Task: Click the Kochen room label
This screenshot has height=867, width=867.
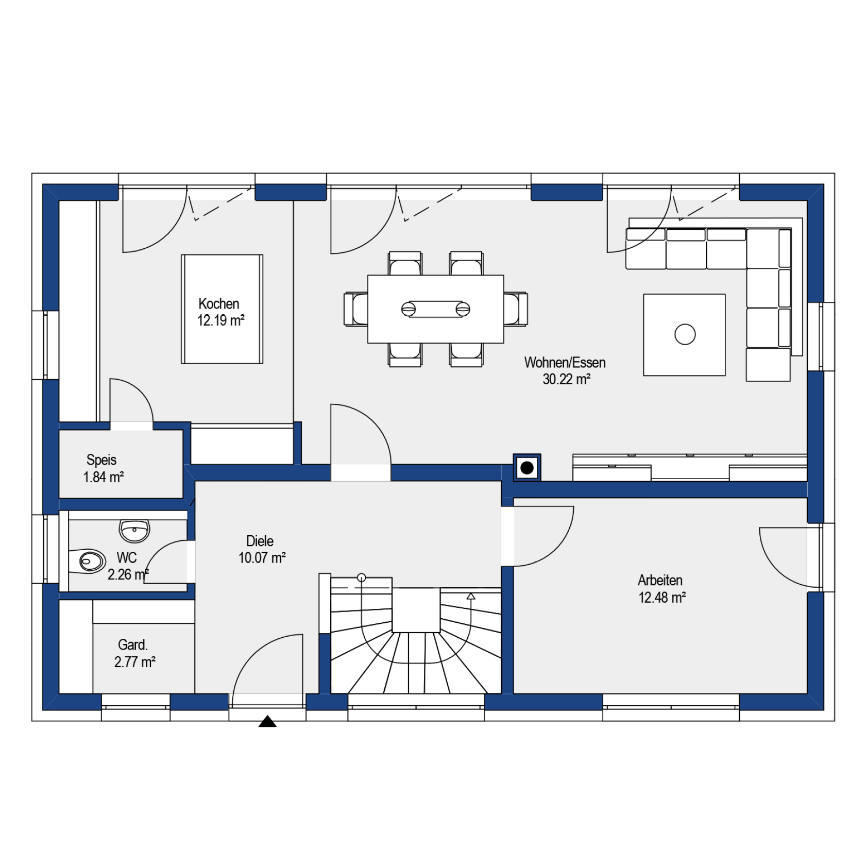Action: pos(219,303)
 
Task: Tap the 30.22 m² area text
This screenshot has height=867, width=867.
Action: pos(566,380)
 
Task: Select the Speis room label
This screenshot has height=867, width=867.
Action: pos(101,460)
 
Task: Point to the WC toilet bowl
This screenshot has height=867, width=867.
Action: pos(89,561)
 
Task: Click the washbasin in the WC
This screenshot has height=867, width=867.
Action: pos(134,530)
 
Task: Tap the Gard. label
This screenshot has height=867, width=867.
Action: pos(133,644)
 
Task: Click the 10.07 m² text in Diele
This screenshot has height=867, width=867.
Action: pos(262,558)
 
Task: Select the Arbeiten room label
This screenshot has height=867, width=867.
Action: pos(660,580)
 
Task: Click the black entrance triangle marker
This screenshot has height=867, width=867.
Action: pos(267,721)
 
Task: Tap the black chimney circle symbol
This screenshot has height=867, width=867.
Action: pos(527,468)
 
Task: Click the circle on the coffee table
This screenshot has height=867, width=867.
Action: pos(685,334)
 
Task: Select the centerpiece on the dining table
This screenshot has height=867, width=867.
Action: pos(436,309)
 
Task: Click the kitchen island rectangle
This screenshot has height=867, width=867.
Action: pos(222,309)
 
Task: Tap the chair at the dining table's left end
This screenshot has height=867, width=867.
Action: pos(356,309)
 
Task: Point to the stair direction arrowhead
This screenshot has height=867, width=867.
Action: pos(470,597)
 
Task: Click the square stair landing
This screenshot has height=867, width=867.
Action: pos(416,610)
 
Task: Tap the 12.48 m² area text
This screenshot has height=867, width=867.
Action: pos(662,598)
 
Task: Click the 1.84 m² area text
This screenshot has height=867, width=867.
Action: pos(104,477)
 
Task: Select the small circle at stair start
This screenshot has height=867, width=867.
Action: pos(362,577)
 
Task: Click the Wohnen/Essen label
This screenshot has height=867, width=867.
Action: pos(565,362)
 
